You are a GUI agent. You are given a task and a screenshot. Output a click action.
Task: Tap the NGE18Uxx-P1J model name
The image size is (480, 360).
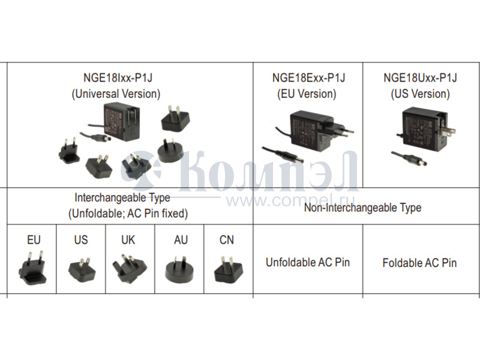(x=420, y=77)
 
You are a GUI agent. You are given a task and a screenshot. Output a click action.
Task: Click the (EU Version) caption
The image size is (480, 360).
(x=307, y=94)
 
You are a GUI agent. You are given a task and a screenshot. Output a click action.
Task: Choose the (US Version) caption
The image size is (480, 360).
(x=420, y=94)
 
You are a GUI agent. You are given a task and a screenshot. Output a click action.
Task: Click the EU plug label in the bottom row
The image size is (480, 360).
(x=34, y=240)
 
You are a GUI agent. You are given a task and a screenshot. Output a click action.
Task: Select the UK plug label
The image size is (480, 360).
(x=128, y=240)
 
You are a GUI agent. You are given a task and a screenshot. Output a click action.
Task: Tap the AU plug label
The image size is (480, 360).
(x=181, y=240)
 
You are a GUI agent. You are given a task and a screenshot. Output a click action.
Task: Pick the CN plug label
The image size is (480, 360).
(x=227, y=240)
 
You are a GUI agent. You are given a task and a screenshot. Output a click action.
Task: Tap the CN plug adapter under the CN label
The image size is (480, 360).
(x=227, y=270)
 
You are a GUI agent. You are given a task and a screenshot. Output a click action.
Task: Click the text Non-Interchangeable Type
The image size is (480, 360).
(x=362, y=208)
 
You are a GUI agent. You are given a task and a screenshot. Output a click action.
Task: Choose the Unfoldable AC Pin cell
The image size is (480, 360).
(x=308, y=262)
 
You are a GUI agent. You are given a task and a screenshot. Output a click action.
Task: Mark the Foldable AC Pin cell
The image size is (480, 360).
(x=419, y=263)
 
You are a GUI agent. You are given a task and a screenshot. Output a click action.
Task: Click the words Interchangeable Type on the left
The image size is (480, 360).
(x=122, y=197)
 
